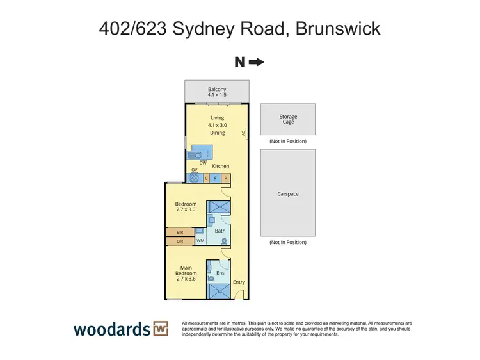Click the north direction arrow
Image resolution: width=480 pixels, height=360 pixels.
pos(256,62)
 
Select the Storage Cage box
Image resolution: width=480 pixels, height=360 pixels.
pos(288,119)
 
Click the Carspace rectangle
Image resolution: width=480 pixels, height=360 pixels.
pos(288,193)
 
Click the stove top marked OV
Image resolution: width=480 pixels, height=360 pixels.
pos(194,177)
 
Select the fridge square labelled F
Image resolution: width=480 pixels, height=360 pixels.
pos(216,178)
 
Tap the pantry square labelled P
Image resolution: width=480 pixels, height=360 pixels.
pos(225,178)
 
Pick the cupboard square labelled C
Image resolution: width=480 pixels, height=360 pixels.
pos(206,178)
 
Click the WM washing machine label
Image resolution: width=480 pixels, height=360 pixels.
pos(200,241)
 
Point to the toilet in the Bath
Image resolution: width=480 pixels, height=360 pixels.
pos(224,241)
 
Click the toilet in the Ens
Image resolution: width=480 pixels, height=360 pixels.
pos(211,279)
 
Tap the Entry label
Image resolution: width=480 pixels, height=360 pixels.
pos(239,282)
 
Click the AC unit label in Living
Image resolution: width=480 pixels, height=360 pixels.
pos(244,133)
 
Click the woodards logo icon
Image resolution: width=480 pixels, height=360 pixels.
pos(160,329)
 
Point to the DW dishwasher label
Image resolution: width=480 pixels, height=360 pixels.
pos(202,163)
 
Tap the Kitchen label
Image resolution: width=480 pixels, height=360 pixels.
pos(221,166)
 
